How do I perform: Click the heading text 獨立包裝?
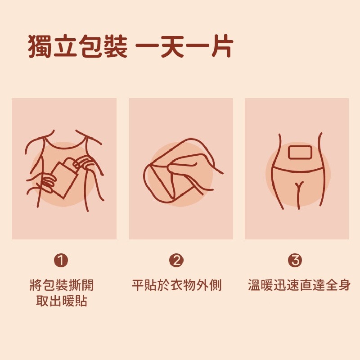click(x=77, y=46)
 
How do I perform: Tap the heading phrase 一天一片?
click(x=184, y=46)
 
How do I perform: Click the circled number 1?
click(x=61, y=260)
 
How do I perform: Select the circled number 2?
click(x=176, y=260)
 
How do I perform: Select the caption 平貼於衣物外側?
click(x=177, y=285)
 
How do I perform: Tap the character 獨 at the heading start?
click(x=40, y=46)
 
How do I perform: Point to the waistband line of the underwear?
click(x=297, y=170)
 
